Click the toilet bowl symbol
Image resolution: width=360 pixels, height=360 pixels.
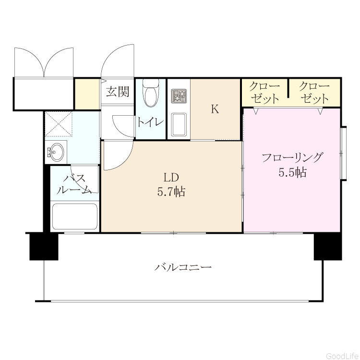click(151, 93)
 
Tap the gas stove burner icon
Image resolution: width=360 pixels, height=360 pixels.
click(179, 96)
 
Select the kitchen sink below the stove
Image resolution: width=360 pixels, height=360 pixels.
click(179, 124)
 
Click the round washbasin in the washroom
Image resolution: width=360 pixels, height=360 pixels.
click(56, 152)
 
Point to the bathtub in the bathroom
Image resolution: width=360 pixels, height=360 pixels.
click(74, 216)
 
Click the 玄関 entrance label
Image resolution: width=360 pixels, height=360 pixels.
click(118, 91)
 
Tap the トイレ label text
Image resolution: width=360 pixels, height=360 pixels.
click(150, 122)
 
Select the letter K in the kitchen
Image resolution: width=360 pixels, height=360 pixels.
click(215, 109)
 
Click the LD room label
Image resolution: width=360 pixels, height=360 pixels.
click(171, 177)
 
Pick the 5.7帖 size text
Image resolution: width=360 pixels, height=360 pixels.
click(171, 192)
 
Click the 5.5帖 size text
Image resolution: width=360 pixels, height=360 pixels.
click(292, 172)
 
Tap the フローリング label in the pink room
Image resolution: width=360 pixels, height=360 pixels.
click(292, 158)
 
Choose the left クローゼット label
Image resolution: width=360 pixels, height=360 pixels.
click(264, 93)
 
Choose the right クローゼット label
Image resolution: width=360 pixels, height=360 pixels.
click(314, 93)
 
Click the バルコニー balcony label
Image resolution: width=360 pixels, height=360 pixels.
click(183, 267)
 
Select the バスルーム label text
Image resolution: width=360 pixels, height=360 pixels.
click(74, 184)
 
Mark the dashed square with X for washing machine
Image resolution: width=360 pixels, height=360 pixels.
click(59, 124)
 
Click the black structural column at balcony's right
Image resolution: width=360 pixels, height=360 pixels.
click(328, 247)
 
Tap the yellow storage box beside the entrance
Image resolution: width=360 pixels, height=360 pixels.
click(87, 94)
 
